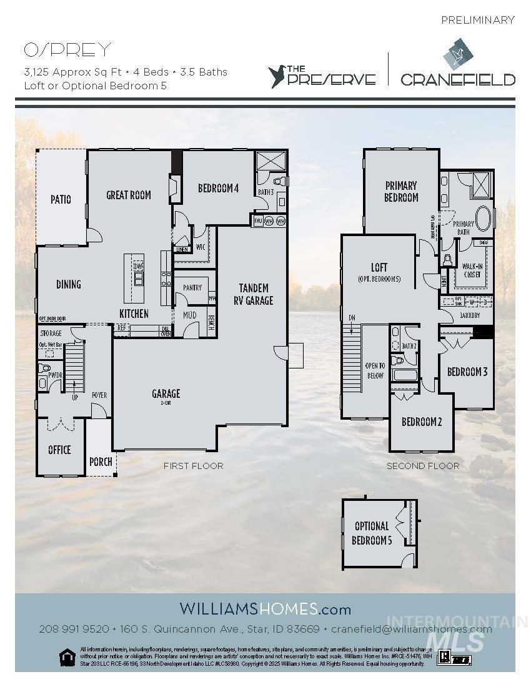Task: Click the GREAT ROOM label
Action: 129,195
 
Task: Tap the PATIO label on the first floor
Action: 61,199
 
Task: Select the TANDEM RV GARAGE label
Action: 254,294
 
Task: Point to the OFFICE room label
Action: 59,450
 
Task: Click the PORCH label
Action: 101,462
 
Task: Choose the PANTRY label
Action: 192,288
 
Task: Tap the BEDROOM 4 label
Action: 219,188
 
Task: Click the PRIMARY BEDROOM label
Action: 401,191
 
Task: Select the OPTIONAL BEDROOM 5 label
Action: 372,533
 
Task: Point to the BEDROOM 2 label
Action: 422,422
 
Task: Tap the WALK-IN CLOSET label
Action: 472,270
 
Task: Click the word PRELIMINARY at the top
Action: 478,20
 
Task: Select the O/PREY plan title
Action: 67,49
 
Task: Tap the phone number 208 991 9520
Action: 74,629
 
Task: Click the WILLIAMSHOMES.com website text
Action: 265,608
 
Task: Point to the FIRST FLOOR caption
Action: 193,466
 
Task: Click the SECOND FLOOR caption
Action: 423,466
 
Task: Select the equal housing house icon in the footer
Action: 66,656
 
